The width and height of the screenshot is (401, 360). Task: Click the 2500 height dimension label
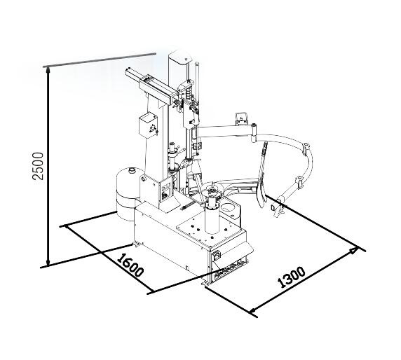coord(38,166)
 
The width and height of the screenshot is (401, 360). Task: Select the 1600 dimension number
coord(130,265)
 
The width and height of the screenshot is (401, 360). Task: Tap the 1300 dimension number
coord(292,277)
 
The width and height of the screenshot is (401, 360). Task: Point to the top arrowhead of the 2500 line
coord(48,70)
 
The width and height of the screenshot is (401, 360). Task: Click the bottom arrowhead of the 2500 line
coord(48,262)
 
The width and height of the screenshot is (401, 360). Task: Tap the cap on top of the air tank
coord(132,170)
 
